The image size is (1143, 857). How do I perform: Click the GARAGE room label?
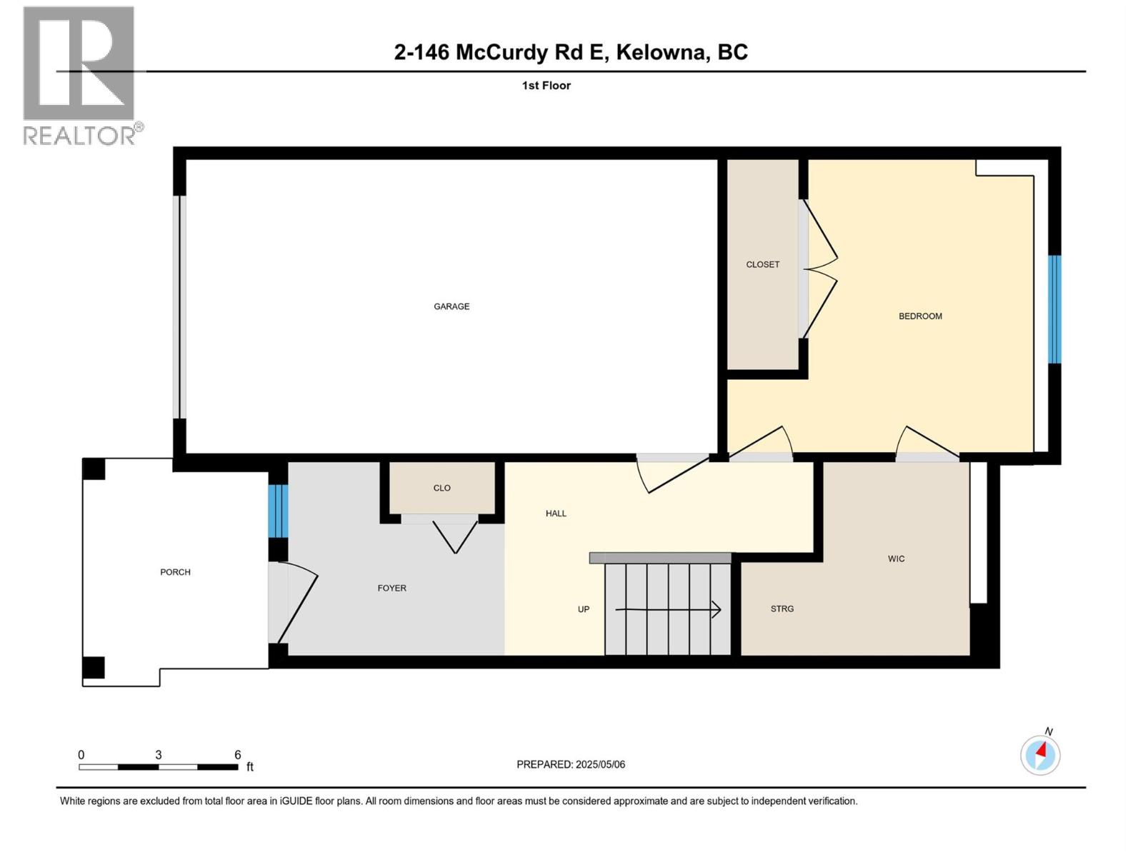[451, 306]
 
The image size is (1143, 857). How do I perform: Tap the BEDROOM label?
[920, 316]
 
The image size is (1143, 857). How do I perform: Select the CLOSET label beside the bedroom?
[762, 264]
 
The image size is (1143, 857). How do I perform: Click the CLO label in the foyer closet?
[441, 488]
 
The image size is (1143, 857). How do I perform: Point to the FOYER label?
[391, 588]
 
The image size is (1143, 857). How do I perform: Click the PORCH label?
[175, 572]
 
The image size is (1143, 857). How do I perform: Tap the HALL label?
[556, 513]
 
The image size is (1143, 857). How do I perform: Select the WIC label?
[896, 558]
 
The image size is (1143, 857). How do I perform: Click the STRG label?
[782, 608]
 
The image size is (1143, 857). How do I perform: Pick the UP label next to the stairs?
[584, 609]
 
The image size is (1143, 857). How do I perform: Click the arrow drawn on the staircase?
[668, 610]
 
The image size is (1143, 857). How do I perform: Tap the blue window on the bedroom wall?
[1054, 309]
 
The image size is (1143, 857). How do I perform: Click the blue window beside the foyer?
[279, 511]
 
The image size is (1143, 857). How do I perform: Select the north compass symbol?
[1040, 754]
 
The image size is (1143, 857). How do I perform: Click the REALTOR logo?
[80, 75]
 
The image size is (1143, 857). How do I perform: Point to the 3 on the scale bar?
[159, 755]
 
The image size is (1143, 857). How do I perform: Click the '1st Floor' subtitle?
[546, 86]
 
